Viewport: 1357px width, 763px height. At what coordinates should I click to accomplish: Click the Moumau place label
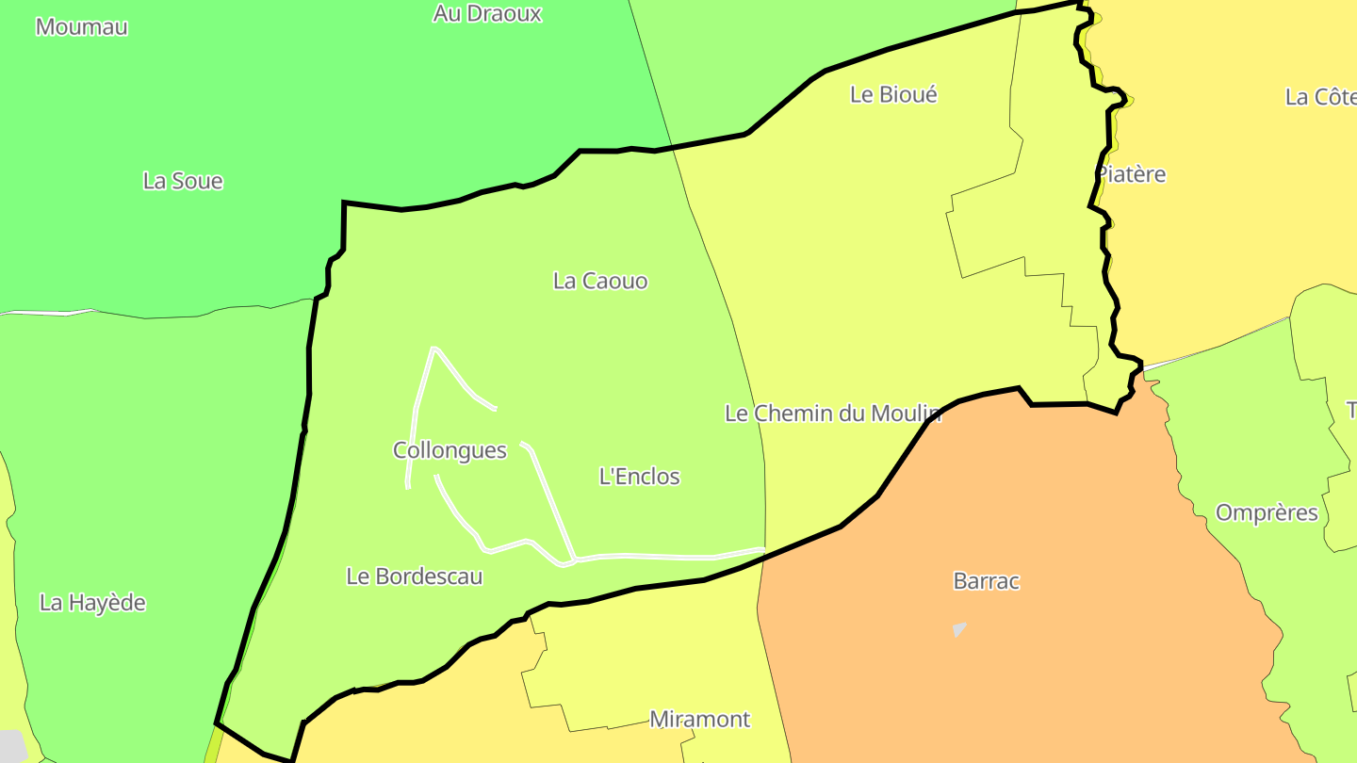[81, 26]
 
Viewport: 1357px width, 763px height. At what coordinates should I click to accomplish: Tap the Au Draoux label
[487, 13]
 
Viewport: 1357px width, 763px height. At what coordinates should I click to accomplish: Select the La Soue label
[183, 180]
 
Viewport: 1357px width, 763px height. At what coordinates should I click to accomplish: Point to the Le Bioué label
[893, 94]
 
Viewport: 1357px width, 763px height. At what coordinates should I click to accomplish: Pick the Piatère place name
[1131, 174]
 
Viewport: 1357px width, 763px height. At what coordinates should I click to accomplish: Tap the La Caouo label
[600, 281]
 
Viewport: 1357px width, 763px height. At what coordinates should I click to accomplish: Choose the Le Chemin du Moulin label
[833, 413]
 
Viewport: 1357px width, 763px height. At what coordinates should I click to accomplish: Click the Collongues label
[450, 450]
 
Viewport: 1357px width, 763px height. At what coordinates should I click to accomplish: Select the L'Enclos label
[639, 477]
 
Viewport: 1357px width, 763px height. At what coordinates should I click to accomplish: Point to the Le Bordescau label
[415, 576]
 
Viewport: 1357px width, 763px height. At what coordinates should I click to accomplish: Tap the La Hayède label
[92, 603]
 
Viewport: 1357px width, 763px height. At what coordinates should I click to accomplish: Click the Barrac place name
[987, 581]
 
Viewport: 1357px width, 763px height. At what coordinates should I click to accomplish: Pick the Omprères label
[1267, 513]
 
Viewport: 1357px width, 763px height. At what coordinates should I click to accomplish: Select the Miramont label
[700, 720]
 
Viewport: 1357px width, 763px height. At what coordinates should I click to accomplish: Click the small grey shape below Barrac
[959, 628]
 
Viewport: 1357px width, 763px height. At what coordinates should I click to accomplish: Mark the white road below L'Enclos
[660, 557]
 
